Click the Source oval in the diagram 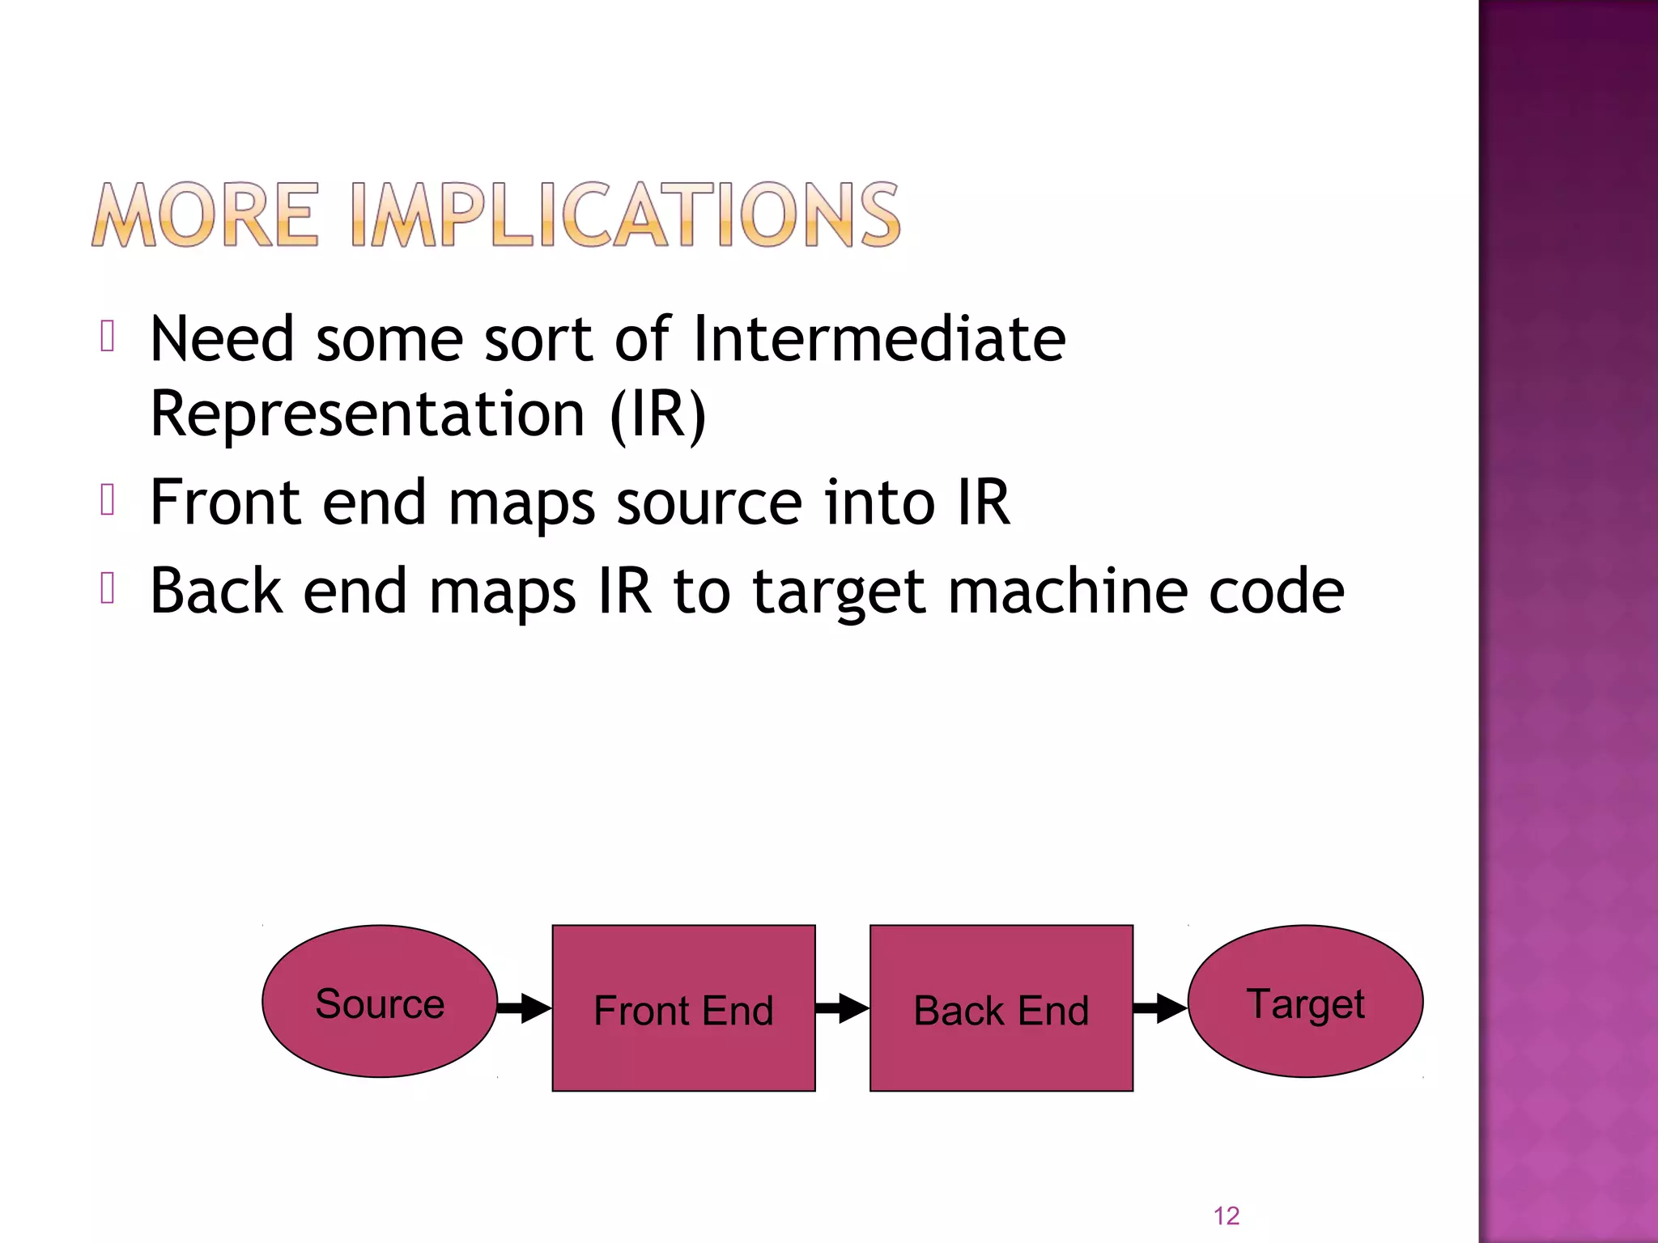(x=380, y=1002)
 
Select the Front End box (x=683, y=1008)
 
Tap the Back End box (x=1001, y=1008)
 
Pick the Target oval (x=1305, y=1002)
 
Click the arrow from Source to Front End (x=524, y=1008)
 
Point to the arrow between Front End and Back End (x=842, y=1008)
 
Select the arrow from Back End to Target (x=1160, y=1008)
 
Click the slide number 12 (x=1226, y=1215)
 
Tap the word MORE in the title (x=206, y=215)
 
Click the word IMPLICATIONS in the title (x=626, y=215)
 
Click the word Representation (x=368, y=414)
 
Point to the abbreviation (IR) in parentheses (x=658, y=414)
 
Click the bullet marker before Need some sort (x=108, y=336)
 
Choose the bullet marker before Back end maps (x=108, y=588)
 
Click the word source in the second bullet (x=709, y=503)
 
